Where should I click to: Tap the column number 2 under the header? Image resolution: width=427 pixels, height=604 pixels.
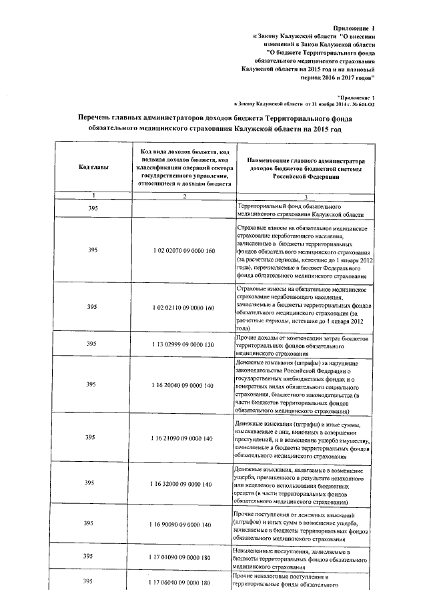point(184,196)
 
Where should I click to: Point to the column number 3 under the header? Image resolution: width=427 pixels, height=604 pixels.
point(306,196)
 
